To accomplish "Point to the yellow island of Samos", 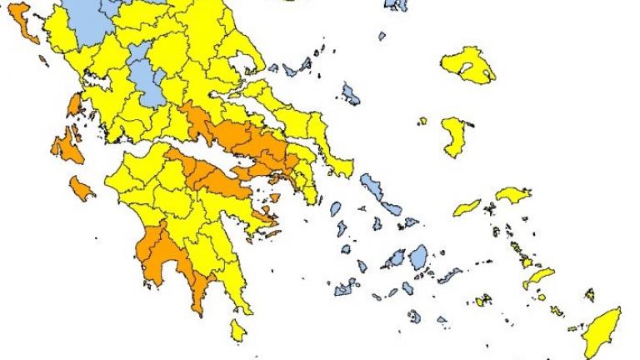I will click(513, 194).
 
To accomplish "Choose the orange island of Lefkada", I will click(74, 104).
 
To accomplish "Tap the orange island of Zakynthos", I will click(82, 187).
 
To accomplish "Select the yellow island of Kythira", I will click(238, 329).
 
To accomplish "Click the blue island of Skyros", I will click(351, 94).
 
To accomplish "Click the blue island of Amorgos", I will click(450, 274).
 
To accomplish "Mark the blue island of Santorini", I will click(414, 316).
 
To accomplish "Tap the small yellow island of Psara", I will click(422, 121).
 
